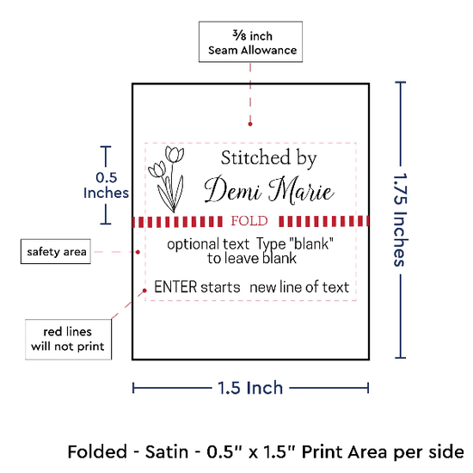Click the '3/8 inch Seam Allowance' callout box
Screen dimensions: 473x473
(x=250, y=41)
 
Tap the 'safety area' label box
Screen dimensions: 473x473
(x=56, y=252)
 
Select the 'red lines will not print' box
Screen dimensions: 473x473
(x=68, y=340)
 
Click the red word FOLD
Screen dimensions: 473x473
(x=249, y=221)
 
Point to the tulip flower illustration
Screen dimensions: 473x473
(x=166, y=179)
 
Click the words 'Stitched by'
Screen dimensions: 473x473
(x=269, y=158)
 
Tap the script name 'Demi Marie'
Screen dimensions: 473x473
(x=269, y=190)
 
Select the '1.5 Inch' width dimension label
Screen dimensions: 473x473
(x=250, y=388)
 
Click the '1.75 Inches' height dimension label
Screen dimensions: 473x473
(x=400, y=219)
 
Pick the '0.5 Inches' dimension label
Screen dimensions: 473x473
(x=106, y=185)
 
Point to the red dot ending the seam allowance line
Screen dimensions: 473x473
(x=250, y=124)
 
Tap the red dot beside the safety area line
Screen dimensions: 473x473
(x=138, y=252)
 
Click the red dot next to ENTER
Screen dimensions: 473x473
(x=144, y=291)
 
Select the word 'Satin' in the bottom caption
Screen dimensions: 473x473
(x=167, y=451)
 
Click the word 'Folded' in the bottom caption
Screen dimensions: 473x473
(x=97, y=451)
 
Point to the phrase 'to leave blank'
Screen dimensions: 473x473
(x=252, y=259)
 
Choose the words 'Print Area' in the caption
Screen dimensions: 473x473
(x=345, y=451)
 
